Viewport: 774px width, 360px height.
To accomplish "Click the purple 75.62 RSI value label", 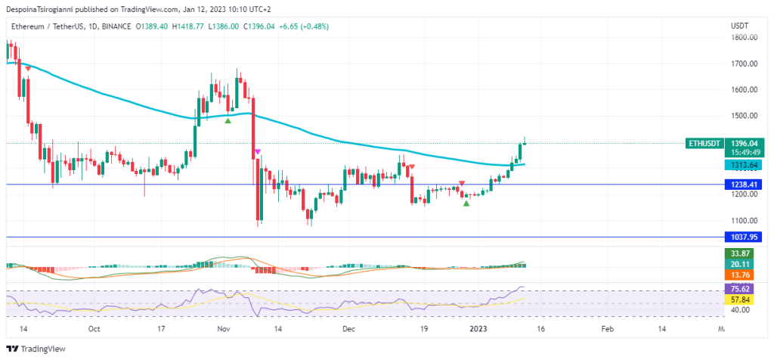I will [x=738, y=289].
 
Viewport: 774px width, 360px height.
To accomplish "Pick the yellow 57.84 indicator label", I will [x=738, y=299].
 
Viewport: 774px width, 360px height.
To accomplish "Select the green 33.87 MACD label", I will [x=738, y=253].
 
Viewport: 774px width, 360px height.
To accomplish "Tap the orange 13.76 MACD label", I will [x=738, y=275].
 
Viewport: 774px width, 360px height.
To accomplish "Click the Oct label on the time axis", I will [x=94, y=329].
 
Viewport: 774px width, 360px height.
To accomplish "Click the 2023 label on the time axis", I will [x=479, y=329].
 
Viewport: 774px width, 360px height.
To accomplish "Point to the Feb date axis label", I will [x=607, y=329].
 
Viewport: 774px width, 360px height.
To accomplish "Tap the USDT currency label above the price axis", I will [x=739, y=26].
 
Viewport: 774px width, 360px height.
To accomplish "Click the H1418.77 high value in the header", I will [x=189, y=26].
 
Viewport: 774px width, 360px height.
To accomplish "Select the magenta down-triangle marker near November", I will [x=258, y=151].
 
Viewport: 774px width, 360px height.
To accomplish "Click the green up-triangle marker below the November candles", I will [x=228, y=120].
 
